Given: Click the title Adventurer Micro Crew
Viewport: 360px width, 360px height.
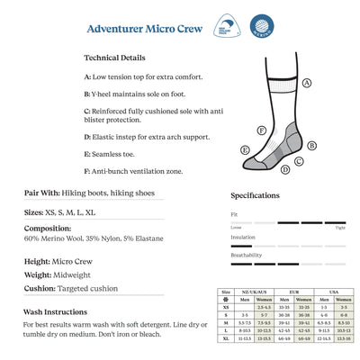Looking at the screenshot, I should coord(142,27).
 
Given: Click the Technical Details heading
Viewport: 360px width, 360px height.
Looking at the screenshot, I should coord(114,57).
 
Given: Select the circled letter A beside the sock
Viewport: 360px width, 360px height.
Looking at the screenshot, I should coord(307,82).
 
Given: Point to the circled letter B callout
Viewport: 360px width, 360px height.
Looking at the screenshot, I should coord(311,144).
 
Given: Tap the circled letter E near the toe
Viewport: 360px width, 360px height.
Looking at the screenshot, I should coord(245,149).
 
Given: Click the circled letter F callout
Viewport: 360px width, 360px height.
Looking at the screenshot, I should coord(262,130).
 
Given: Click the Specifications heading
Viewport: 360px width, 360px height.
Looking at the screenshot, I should coord(256,195).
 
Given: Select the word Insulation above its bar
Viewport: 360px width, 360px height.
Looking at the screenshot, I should coord(243,237).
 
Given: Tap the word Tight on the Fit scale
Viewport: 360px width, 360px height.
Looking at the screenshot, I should coord(340,228).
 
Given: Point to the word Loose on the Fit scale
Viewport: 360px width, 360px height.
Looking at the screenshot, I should coord(236,228).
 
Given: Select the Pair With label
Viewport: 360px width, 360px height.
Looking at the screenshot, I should coord(42,193).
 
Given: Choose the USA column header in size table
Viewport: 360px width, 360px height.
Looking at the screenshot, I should coord(333,292).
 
